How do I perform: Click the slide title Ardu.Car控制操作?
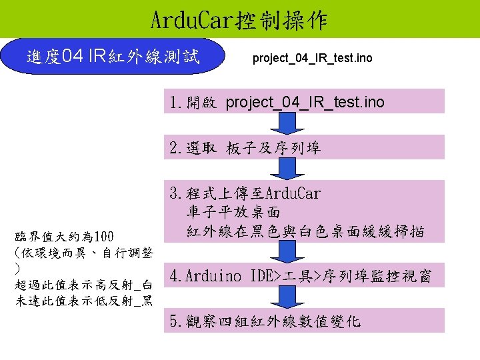pyautogui.click(x=239, y=20)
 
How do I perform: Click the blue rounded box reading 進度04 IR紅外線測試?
pyautogui.click(x=113, y=57)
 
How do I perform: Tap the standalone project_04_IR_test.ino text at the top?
pyautogui.click(x=312, y=59)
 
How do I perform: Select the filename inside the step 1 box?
pyautogui.click(x=305, y=102)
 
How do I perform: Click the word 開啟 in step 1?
pyautogui.click(x=201, y=103)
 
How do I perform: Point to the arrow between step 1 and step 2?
pyautogui.click(x=287, y=124)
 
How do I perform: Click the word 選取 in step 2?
pyautogui.click(x=201, y=148)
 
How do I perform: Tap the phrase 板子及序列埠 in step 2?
pyautogui.click(x=273, y=148)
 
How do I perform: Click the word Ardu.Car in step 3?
pyautogui.click(x=293, y=193)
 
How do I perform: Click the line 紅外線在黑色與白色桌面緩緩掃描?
pyautogui.click(x=305, y=232)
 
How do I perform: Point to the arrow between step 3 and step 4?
pyautogui.click(x=287, y=254)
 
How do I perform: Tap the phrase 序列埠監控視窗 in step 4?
pyautogui.click(x=381, y=275)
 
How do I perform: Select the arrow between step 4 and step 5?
pyautogui.click(x=287, y=298)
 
